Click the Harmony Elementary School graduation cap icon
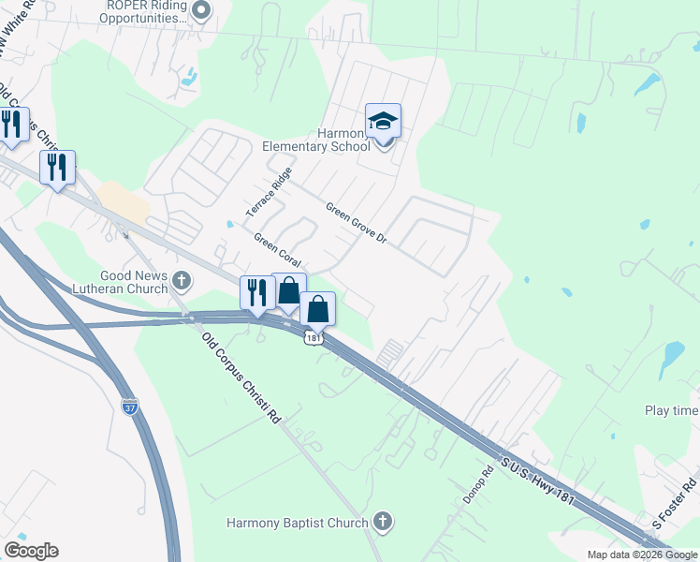click(x=383, y=122)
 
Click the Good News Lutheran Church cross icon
click(x=181, y=280)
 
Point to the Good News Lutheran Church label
click(x=123, y=281)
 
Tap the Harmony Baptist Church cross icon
click(x=381, y=521)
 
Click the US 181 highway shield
click(x=313, y=338)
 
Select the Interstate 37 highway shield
click(x=130, y=408)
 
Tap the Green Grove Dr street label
click(x=356, y=222)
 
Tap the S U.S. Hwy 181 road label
click(x=536, y=484)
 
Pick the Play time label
click(x=671, y=411)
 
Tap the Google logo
click(x=31, y=551)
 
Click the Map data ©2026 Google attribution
click(x=642, y=555)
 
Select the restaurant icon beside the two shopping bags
click(x=255, y=292)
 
